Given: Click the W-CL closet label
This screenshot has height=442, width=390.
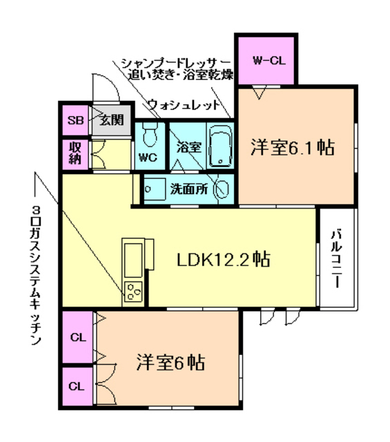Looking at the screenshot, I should (x=269, y=60).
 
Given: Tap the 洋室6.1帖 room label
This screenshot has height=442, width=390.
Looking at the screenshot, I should (x=293, y=147).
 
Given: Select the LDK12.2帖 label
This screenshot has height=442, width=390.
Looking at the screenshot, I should (x=223, y=260).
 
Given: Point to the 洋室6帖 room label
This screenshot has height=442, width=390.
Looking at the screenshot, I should (x=170, y=362).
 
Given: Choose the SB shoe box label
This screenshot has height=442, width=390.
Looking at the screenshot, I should (x=75, y=121).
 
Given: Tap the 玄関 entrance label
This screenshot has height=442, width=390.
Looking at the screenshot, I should (x=112, y=120).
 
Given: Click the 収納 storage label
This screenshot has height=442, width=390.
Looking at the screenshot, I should (x=75, y=154).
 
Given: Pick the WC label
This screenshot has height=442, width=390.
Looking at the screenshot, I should (x=148, y=157).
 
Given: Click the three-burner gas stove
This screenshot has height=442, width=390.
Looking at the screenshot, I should (x=133, y=293).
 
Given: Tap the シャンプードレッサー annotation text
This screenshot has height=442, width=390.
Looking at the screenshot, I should (x=177, y=62).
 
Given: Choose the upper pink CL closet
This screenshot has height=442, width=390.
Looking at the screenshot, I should (x=78, y=338).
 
